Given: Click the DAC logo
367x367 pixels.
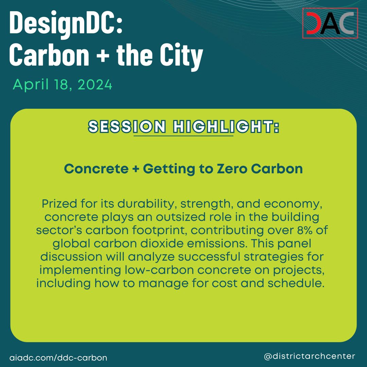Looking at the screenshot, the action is click(x=330, y=23).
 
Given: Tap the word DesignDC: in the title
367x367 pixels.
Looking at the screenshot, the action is click(x=66, y=23).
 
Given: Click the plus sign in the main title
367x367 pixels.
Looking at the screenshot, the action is click(x=103, y=56).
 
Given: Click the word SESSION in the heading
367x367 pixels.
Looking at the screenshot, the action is click(x=127, y=127).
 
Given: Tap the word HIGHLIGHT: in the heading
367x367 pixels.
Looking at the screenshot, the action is click(x=226, y=127).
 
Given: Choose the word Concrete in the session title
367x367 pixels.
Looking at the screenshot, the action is click(x=96, y=169).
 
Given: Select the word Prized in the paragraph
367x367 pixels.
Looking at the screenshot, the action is click(x=59, y=204).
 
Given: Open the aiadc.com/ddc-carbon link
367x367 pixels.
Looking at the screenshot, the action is click(x=58, y=358).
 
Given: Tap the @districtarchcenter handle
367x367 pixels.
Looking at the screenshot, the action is click(x=310, y=356).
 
